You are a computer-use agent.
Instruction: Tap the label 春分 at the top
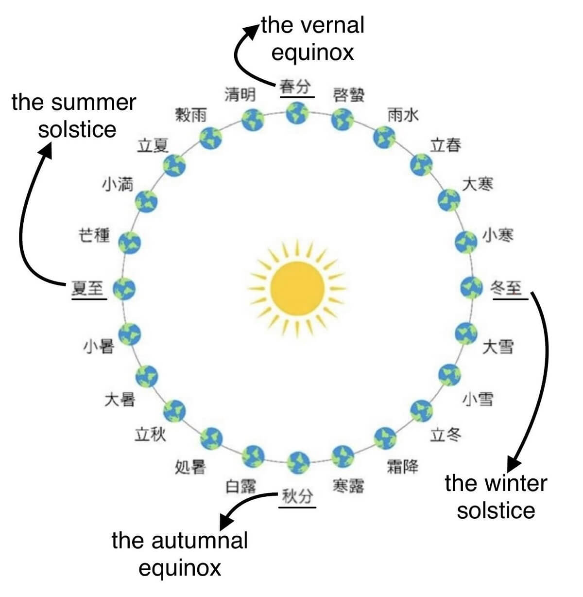pos(294,88)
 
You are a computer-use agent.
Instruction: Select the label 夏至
pos(87,288)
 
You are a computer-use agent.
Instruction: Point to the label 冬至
pos(506,288)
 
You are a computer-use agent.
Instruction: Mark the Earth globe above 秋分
pos(298,462)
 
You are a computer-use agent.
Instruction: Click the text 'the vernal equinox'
pos(312,38)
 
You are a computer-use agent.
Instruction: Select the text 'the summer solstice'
pos(74,116)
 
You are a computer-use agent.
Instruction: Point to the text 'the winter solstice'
pos(496,497)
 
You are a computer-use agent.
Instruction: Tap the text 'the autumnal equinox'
pos(180,554)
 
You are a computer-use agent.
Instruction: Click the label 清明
pos(240,94)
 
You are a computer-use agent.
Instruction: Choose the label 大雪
pos(498,347)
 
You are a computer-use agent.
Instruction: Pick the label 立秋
pos(150,434)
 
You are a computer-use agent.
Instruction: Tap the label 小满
pos(117,184)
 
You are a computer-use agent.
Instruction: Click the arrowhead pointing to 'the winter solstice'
pos(514,462)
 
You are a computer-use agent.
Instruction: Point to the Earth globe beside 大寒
pos(449,199)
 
